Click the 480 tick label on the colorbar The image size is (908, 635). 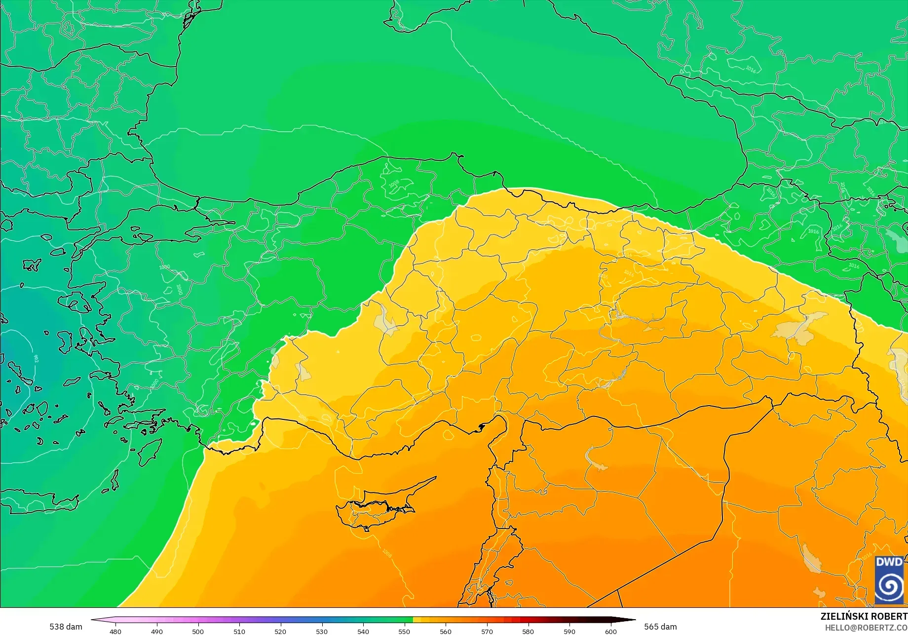tap(115, 632)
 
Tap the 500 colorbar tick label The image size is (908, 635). tap(198, 632)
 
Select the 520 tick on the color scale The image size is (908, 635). tap(280, 632)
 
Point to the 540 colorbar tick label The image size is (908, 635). tap(363, 632)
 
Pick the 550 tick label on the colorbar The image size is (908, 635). tap(404, 632)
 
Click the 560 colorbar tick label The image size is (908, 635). tap(446, 632)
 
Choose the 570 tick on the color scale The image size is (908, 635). tap(487, 632)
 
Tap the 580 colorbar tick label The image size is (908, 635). tap(528, 632)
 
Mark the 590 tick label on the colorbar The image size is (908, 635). tap(569, 632)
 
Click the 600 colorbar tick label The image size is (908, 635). tap(611, 632)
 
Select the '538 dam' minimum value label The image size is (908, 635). tap(66, 627)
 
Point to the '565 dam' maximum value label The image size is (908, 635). tap(660, 627)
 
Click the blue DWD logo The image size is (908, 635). tap(890, 580)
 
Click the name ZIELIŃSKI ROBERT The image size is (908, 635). tap(864, 617)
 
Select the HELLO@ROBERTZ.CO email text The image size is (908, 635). tap(866, 627)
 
